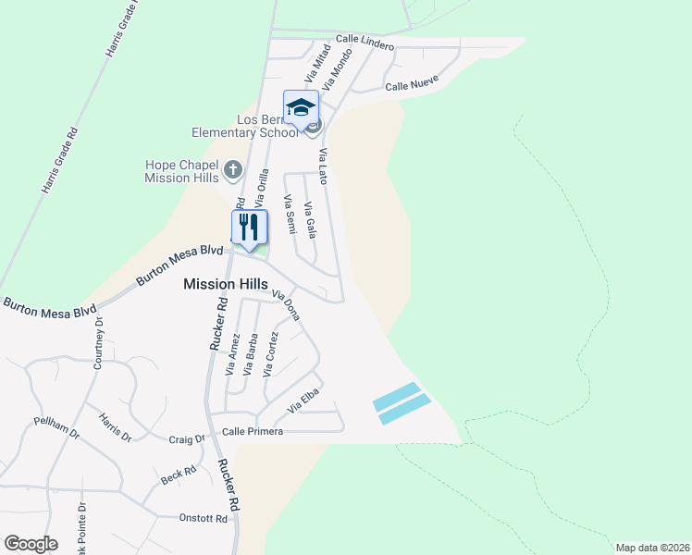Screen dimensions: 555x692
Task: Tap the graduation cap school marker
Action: coord(301,107)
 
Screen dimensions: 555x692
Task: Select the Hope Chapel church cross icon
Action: coord(232,169)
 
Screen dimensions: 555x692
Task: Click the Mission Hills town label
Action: coord(226,285)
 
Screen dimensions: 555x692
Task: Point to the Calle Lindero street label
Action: coord(365,42)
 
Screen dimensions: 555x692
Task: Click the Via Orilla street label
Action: coord(263,186)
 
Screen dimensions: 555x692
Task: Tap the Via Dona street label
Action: coord(287,304)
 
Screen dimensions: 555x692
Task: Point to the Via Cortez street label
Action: coord(270,354)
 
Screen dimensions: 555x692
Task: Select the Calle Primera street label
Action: coord(253,432)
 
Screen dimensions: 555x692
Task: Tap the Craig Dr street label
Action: coord(186,439)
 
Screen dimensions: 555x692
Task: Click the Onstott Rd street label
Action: coord(203,519)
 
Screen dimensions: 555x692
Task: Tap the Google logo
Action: coord(31,544)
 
